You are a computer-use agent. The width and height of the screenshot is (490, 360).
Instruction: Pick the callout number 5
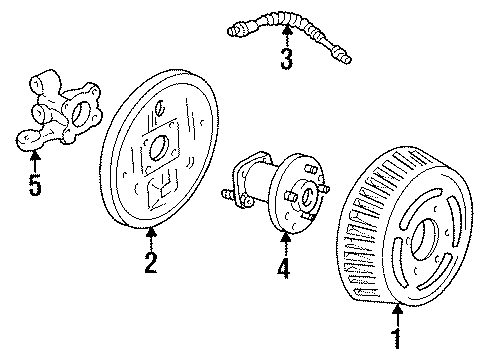(x=34, y=186)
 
